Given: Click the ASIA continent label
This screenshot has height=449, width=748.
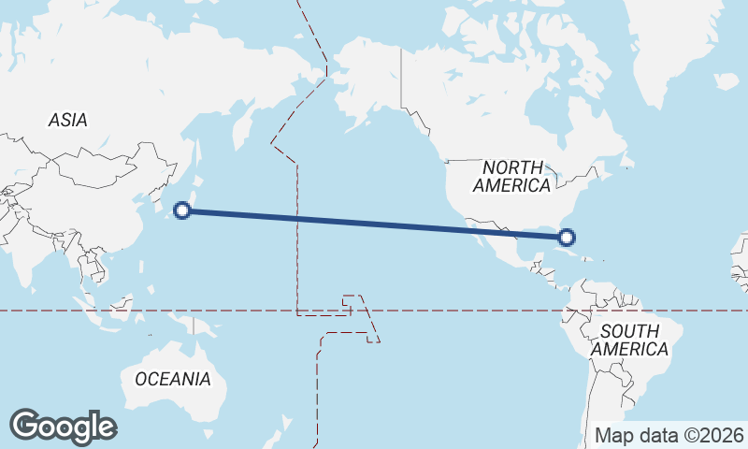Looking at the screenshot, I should (x=67, y=120).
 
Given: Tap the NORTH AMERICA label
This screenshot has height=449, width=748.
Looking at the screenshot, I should (x=511, y=176).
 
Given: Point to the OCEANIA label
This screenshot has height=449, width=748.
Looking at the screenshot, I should (x=173, y=379).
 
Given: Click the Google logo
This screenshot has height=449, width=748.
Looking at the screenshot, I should (x=63, y=426).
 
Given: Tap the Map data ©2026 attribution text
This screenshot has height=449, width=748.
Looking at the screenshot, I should (x=669, y=435).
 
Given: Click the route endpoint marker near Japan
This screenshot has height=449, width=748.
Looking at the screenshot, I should (x=183, y=210).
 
